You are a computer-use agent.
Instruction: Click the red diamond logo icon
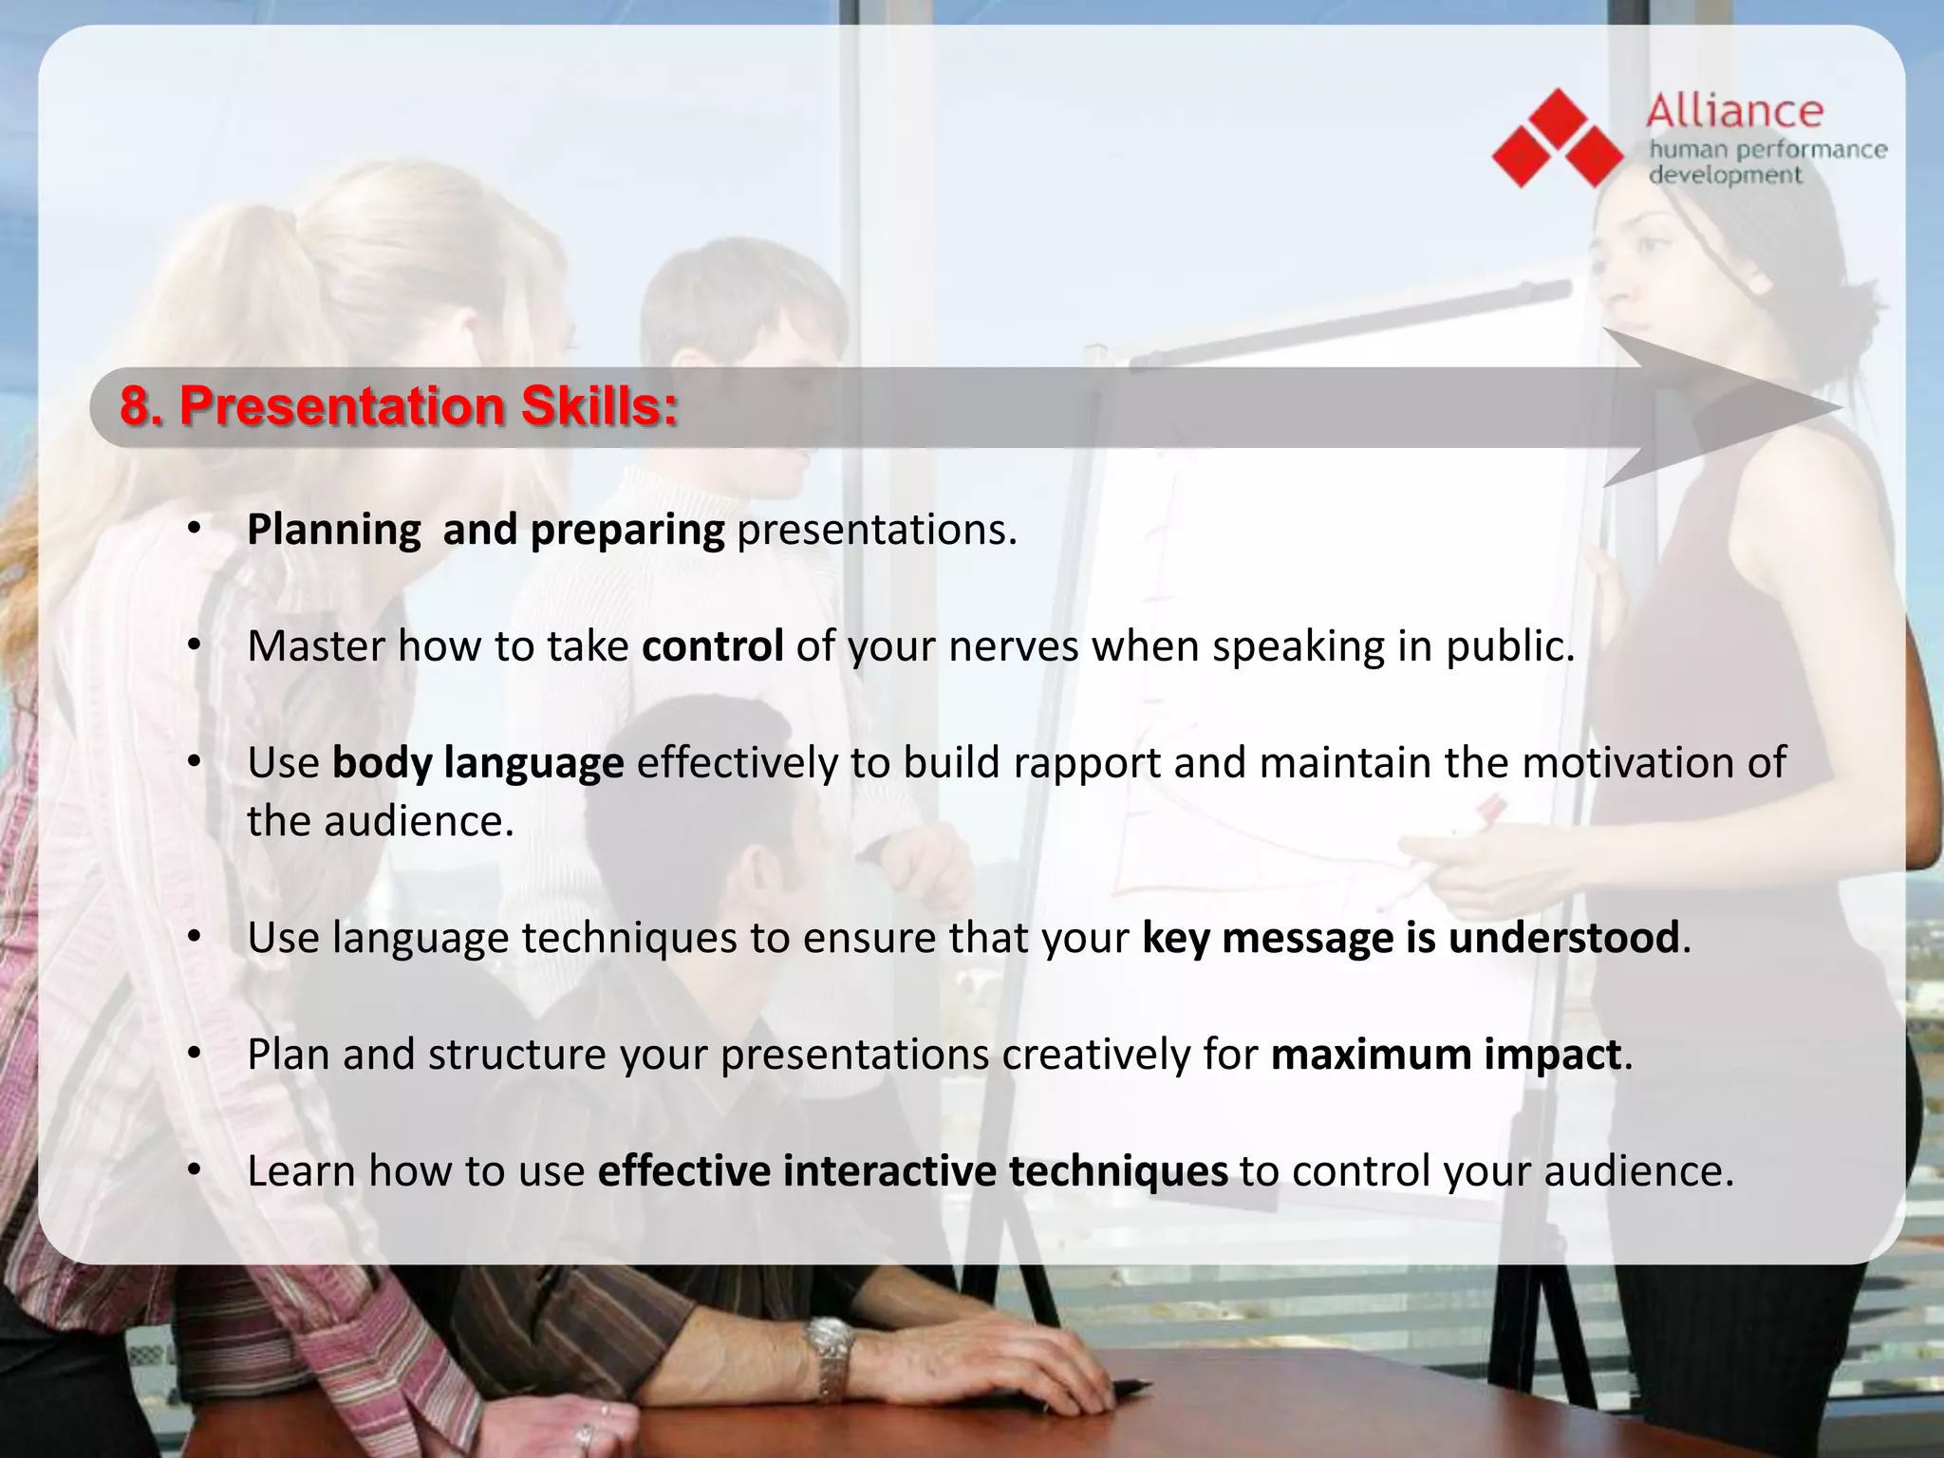[x=1558, y=139]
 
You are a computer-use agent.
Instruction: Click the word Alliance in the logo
[x=1734, y=112]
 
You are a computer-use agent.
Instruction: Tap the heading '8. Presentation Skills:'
[x=399, y=407]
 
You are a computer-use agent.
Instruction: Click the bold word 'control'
[x=712, y=646]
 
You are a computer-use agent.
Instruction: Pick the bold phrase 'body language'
[x=477, y=763]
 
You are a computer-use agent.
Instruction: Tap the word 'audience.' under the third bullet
[x=419, y=821]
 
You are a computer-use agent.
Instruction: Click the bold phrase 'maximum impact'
[x=1446, y=1055]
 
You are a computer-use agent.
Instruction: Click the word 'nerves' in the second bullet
[x=1014, y=646]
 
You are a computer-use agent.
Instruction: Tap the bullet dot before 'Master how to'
[x=194, y=646]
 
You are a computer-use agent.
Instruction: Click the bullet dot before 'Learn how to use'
[x=194, y=1171]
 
